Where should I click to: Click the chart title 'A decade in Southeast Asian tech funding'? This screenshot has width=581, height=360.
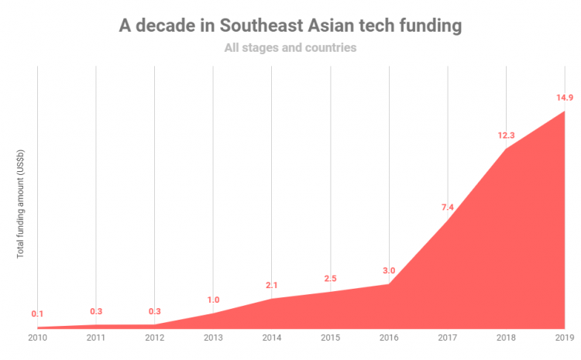click(290, 26)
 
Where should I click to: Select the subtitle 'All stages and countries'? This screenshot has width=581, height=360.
click(290, 48)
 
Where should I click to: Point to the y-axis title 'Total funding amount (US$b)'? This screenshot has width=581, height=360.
click(20, 204)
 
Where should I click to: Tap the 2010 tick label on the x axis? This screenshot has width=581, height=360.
click(37, 338)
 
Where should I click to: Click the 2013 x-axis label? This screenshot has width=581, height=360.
click(213, 338)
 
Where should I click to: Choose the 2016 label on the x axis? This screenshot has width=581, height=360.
click(389, 338)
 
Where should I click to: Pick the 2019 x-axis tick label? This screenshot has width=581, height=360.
click(564, 338)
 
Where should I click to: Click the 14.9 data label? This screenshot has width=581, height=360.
click(564, 98)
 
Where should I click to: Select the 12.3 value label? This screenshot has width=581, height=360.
click(506, 135)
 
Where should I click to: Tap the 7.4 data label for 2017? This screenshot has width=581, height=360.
click(448, 207)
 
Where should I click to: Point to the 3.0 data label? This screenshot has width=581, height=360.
click(389, 271)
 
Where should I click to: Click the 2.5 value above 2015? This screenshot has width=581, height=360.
click(330, 279)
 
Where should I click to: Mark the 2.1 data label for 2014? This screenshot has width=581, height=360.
click(272, 286)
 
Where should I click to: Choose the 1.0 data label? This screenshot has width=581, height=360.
click(213, 300)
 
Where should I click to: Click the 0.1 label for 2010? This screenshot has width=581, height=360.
click(37, 314)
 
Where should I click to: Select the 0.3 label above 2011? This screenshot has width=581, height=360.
click(96, 311)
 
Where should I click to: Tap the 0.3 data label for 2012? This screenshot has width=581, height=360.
click(154, 311)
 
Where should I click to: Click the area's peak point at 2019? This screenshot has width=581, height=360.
click(564, 111)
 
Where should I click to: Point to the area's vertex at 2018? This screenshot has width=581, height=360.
click(506, 149)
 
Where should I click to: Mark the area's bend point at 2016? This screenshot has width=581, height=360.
click(389, 284)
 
